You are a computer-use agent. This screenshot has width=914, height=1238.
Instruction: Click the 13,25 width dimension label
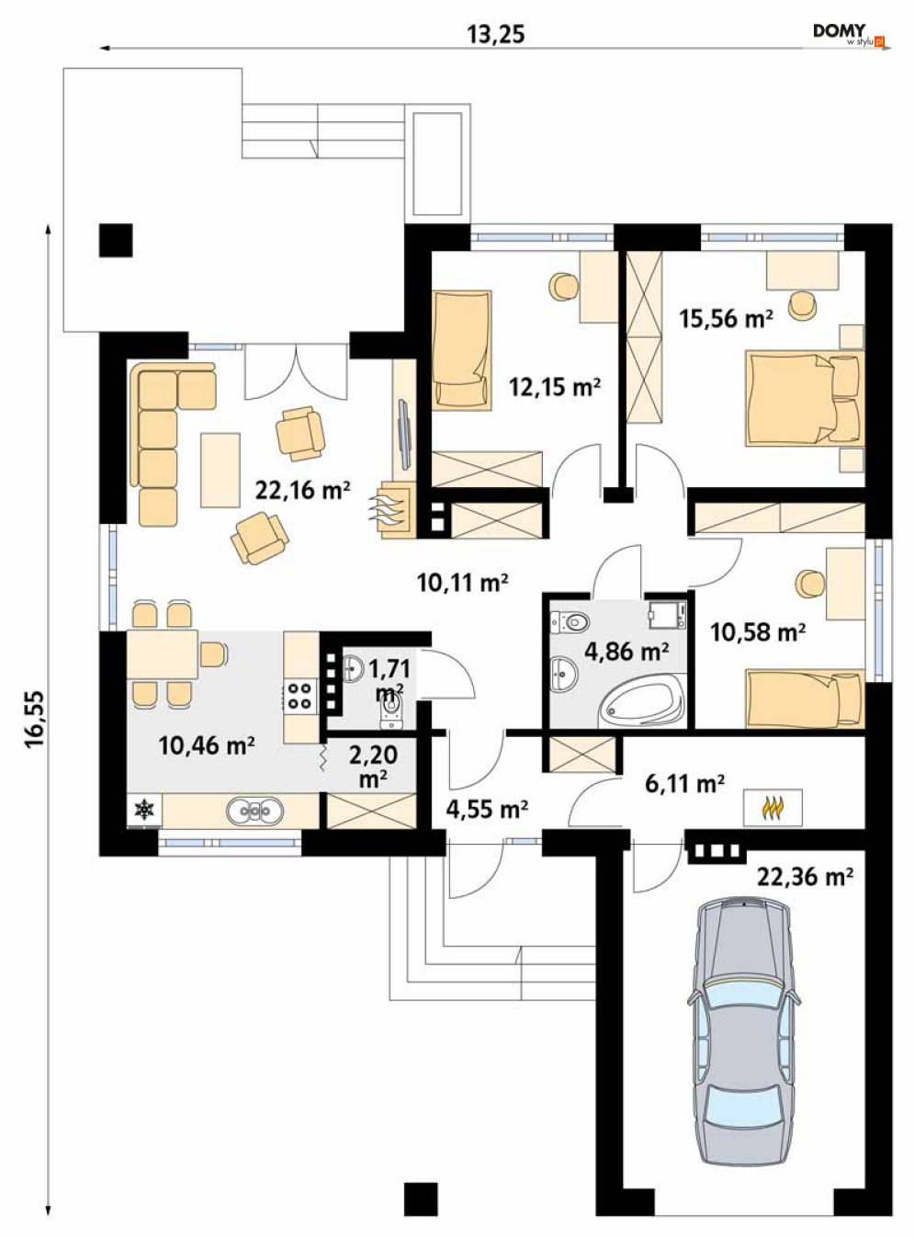(x=495, y=35)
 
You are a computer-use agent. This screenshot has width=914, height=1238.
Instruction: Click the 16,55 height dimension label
(x=35, y=720)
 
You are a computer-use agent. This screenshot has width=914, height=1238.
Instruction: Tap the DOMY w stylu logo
(x=849, y=35)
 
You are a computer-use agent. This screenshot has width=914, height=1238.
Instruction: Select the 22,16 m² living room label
(x=303, y=490)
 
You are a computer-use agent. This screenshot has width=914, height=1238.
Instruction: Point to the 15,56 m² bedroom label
(x=726, y=318)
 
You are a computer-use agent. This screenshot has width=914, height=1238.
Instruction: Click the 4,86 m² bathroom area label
(x=626, y=651)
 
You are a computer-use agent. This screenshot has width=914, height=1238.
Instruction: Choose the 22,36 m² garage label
(x=805, y=877)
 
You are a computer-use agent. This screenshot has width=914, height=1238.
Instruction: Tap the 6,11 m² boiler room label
(x=684, y=784)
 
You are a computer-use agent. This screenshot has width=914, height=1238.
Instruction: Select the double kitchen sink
(x=254, y=810)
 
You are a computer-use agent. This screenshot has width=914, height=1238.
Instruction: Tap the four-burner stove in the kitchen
(x=300, y=696)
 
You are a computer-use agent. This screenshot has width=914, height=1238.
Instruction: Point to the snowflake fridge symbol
(x=144, y=810)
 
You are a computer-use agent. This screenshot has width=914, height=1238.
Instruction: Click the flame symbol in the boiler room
(x=772, y=807)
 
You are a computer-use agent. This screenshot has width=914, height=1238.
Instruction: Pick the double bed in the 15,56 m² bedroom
(x=805, y=398)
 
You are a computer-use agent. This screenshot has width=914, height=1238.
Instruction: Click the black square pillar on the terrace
(x=116, y=241)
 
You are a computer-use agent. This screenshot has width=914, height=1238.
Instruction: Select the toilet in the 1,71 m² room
(x=390, y=712)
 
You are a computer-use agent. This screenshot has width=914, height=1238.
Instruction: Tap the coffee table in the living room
(x=220, y=470)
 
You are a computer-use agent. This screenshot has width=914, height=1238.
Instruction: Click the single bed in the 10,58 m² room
(x=805, y=699)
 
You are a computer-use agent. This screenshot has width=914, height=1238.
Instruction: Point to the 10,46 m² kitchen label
(x=207, y=745)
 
